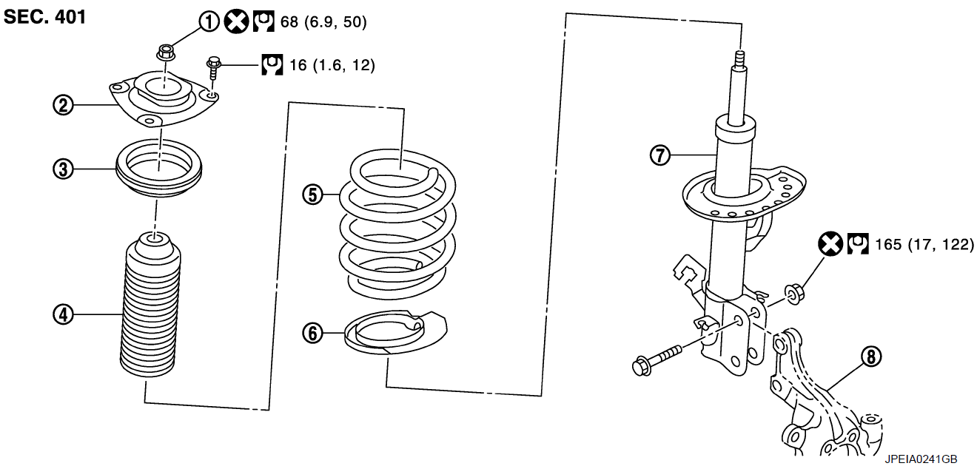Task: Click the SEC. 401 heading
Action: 45,17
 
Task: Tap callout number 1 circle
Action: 209,21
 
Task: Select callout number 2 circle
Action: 63,106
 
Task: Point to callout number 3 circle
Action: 63,169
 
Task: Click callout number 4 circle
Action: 63,314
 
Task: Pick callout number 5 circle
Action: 313,195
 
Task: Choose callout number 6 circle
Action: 313,334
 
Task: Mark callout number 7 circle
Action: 660,155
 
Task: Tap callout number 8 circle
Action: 871,357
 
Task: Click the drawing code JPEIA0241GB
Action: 921,459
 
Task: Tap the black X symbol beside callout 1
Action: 236,21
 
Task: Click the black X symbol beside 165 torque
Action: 830,243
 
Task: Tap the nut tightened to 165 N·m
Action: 794,294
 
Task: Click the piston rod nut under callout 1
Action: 166,53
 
